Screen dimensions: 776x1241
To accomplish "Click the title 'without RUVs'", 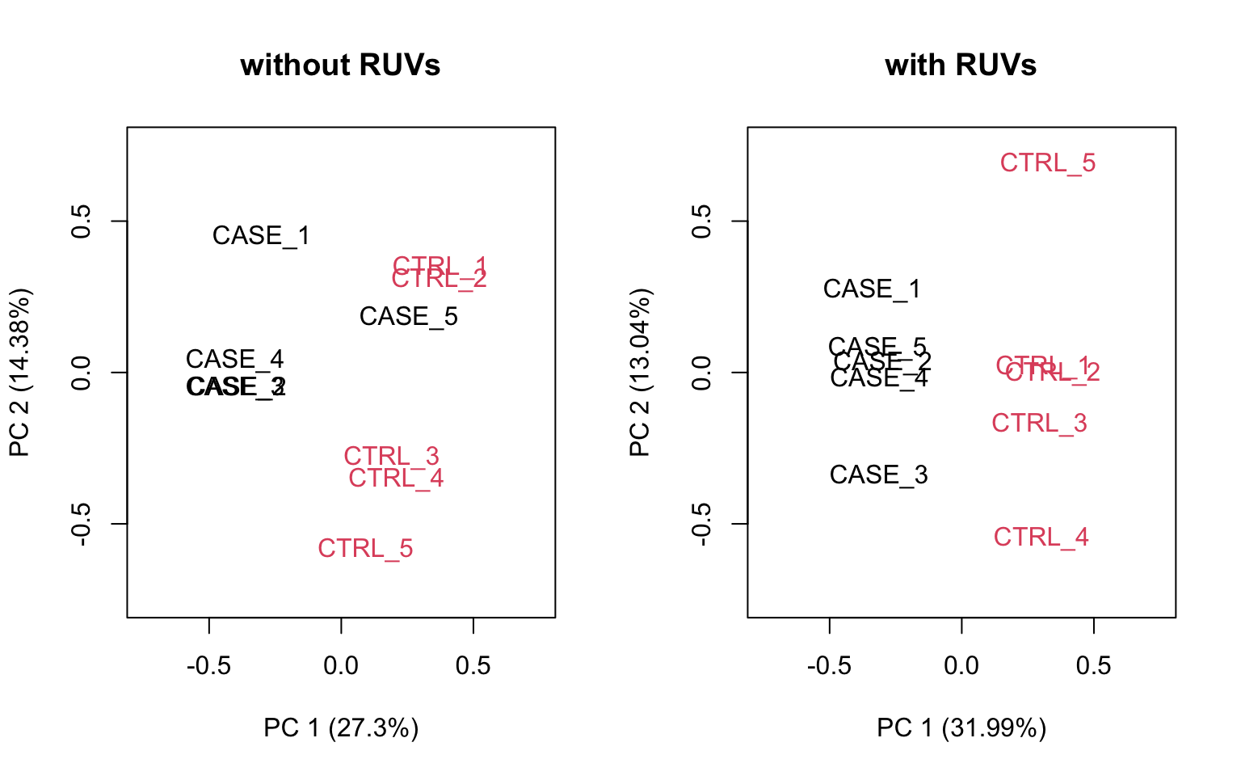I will pos(340,65).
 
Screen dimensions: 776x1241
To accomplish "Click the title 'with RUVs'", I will pos(961,65).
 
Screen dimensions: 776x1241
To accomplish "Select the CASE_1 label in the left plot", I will pos(261,236).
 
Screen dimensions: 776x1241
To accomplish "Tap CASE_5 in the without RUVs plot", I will pos(408,316).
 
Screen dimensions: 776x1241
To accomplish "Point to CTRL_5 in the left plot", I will pos(365,549).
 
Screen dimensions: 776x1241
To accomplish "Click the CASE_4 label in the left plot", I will pos(234,359).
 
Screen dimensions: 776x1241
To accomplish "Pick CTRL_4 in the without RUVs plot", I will pos(396,479).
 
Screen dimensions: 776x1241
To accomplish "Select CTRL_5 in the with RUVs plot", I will pos(1048,163).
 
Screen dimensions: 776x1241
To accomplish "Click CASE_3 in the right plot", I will pos(878,475).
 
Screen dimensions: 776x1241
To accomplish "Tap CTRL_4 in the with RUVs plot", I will pos(1041,538).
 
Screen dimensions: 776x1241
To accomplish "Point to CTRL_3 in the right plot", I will pos(1039,424).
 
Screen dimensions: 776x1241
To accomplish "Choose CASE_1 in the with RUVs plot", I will pos(872,289).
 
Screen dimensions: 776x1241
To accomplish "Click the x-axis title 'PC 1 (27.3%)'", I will pos(341,728).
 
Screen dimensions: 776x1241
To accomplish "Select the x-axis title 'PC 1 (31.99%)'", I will pos(961,728).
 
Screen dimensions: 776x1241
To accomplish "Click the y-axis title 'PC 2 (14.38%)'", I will pos(19,373).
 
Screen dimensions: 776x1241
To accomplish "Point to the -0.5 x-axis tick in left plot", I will pos(208,666).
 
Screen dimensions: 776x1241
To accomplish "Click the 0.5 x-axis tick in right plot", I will pos(1093,666).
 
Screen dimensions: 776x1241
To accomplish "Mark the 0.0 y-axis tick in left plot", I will pos(81,373).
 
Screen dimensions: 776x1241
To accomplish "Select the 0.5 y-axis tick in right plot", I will pos(701,221).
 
